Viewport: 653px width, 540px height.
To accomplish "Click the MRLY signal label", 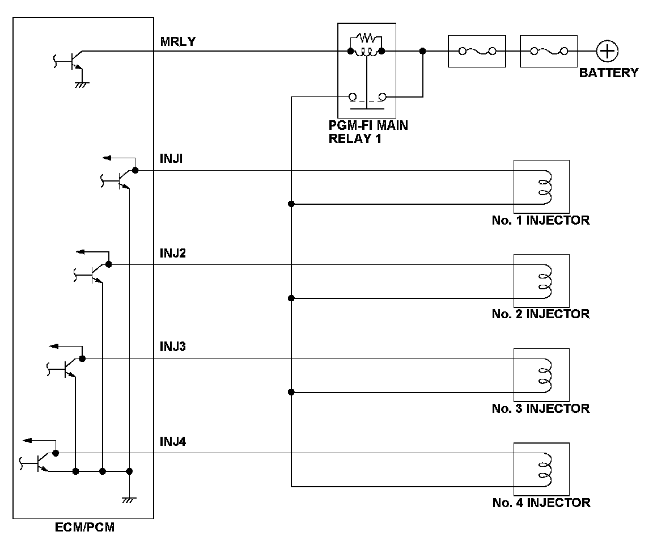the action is pos(178,41).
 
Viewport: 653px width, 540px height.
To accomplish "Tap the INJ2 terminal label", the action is pos(173,253).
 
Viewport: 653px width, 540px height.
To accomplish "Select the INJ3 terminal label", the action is pos(173,347).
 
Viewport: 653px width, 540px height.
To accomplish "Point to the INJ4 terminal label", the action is pos(173,441).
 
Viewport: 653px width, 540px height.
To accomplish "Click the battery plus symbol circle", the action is pos(607,51).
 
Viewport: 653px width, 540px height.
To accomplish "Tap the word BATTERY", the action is pos(608,73).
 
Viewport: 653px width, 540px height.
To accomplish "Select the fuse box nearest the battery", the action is pos(549,51).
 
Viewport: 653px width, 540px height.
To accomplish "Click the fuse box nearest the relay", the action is pos(477,51).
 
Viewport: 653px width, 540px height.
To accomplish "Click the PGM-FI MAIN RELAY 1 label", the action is pos(368,132).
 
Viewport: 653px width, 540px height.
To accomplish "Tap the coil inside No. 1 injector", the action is pos(545,187).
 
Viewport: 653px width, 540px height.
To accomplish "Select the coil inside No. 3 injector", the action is pos(545,376).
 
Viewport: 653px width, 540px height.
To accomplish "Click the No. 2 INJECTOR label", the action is pos(541,314).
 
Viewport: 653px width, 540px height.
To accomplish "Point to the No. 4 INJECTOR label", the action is pos(541,503).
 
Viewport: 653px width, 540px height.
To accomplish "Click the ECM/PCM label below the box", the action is pos(84,527).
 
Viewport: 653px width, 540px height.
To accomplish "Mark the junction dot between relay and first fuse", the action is pos(423,51).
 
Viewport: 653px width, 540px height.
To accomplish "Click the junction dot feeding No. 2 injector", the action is pos(291,298).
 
